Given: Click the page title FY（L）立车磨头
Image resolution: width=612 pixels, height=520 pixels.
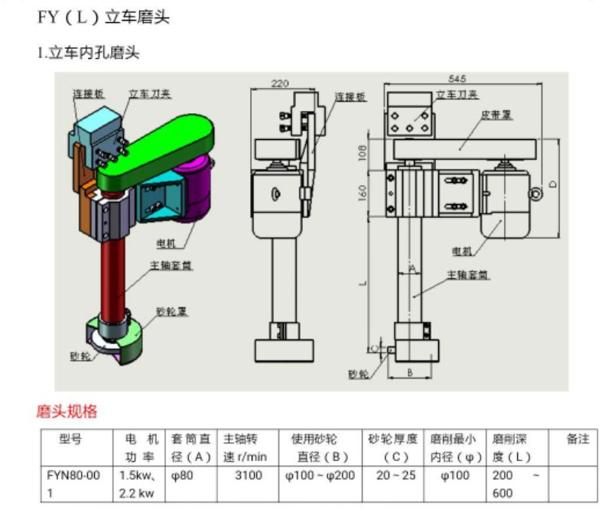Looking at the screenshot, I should [103, 17].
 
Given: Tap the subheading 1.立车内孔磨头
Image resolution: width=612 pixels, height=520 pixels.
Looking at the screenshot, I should [89, 54].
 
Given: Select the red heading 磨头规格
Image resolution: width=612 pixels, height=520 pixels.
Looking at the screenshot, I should [67, 411].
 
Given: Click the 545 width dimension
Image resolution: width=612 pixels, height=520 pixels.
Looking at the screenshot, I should [457, 78].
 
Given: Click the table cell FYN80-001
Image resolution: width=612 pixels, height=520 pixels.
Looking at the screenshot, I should [73, 483].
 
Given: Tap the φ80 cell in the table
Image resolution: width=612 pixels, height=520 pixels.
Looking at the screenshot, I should [184, 476].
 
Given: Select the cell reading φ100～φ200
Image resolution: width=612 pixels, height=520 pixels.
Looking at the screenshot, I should [320, 476].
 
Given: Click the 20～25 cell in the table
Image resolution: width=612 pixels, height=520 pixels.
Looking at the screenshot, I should [392, 476].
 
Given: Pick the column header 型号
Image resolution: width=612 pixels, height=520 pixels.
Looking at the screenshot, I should [70, 439].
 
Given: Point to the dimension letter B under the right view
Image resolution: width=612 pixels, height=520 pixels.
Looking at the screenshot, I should [410, 373].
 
